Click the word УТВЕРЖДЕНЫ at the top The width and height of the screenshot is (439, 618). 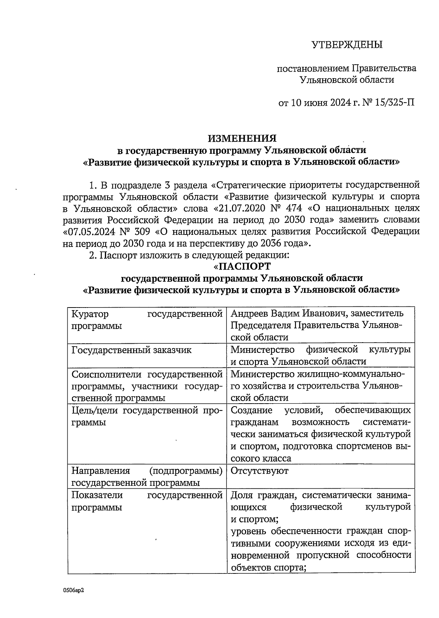[x=346, y=45]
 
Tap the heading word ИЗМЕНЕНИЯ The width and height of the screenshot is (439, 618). [x=242, y=138]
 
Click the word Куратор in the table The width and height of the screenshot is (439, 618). [x=90, y=314]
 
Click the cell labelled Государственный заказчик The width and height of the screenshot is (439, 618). [x=131, y=350]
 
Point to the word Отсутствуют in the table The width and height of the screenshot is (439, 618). [x=259, y=470]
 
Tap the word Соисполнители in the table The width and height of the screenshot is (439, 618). [x=107, y=374]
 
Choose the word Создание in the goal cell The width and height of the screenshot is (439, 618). [x=251, y=410]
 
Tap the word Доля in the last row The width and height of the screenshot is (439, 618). [x=241, y=495]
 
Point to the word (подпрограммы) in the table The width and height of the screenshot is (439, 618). [x=186, y=470]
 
